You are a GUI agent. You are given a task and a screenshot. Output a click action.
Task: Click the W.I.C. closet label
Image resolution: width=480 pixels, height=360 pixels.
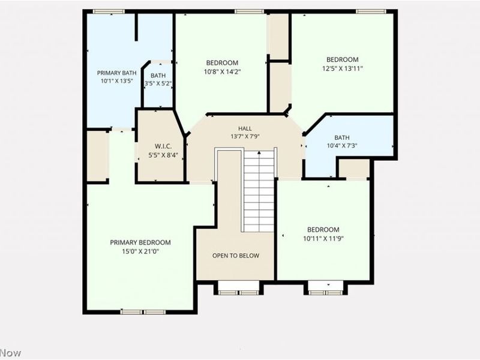tap(163, 146)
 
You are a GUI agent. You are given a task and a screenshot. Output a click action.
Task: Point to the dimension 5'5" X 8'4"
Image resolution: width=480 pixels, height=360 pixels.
tap(163, 155)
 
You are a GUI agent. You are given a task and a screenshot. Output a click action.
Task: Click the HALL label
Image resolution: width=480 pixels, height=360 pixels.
tap(245, 128)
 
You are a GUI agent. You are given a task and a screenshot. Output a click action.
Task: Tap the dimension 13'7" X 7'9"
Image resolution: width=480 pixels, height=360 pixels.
tap(245, 137)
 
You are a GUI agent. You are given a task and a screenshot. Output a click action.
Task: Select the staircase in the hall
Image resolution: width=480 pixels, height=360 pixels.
tap(259, 190)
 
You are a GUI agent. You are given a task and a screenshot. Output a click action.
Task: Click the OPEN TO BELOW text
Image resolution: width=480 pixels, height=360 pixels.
tap(236, 256)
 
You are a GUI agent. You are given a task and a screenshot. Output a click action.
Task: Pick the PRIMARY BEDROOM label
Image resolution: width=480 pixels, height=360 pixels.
tap(140, 242)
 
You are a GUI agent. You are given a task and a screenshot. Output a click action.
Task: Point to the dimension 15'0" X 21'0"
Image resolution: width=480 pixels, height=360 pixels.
tap(140, 251)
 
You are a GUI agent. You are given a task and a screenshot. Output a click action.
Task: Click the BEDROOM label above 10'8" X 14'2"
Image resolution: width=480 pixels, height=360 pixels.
tap(222, 63)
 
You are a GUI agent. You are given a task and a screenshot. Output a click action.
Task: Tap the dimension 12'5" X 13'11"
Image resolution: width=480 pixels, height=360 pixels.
tap(343, 68)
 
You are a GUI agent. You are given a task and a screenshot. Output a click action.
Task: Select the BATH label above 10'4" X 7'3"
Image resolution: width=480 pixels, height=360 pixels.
tap(341, 137)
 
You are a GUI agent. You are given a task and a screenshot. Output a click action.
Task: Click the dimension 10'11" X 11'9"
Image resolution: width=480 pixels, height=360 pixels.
tap(323, 238)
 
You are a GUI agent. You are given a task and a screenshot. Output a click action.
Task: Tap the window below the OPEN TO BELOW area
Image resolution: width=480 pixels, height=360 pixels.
tap(239, 292)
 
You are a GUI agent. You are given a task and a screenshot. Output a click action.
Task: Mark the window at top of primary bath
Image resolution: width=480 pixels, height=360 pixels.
tap(109, 11)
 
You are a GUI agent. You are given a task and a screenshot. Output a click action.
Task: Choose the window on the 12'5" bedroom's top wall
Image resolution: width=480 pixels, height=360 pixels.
tap(371, 11)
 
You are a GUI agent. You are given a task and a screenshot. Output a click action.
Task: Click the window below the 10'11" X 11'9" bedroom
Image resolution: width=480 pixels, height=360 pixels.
tap(326, 292)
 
